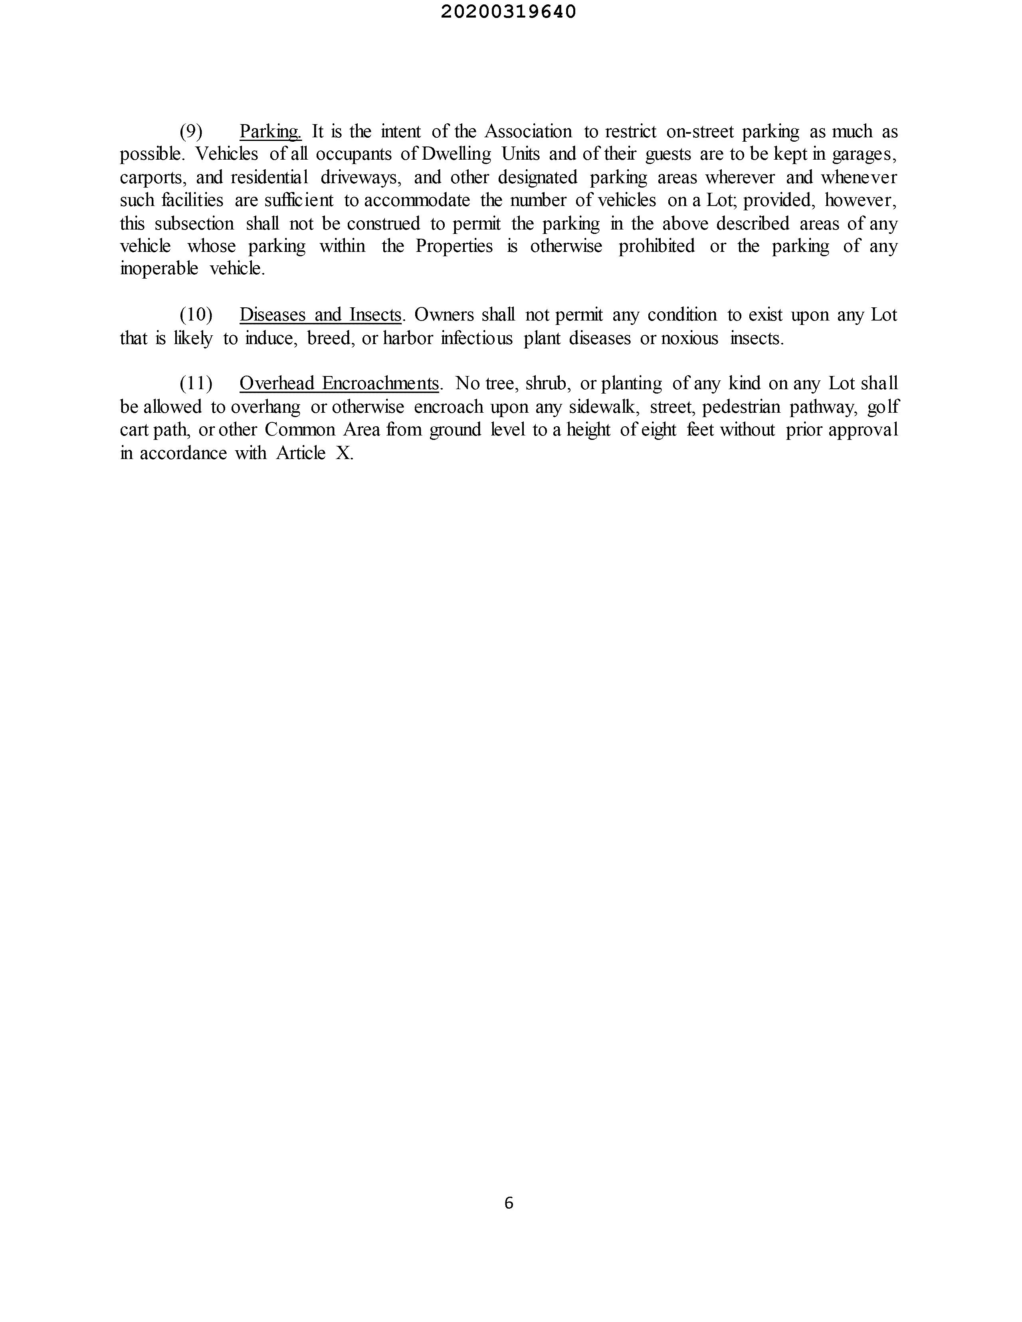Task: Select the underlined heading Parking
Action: click(x=270, y=131)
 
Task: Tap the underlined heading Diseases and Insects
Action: click(x=320, y=315)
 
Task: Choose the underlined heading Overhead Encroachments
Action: click(x=339, y=383)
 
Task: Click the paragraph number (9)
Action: click(x=191, y=131)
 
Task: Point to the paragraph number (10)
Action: click(x=196, y=315)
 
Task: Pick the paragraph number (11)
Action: click(x=196, y=383)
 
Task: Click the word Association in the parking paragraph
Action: click(x=528, y=131)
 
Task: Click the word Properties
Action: click(x=454, y=246)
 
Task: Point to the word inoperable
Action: click(x=158, y=269)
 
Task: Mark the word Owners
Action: click(x=444, y=315)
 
